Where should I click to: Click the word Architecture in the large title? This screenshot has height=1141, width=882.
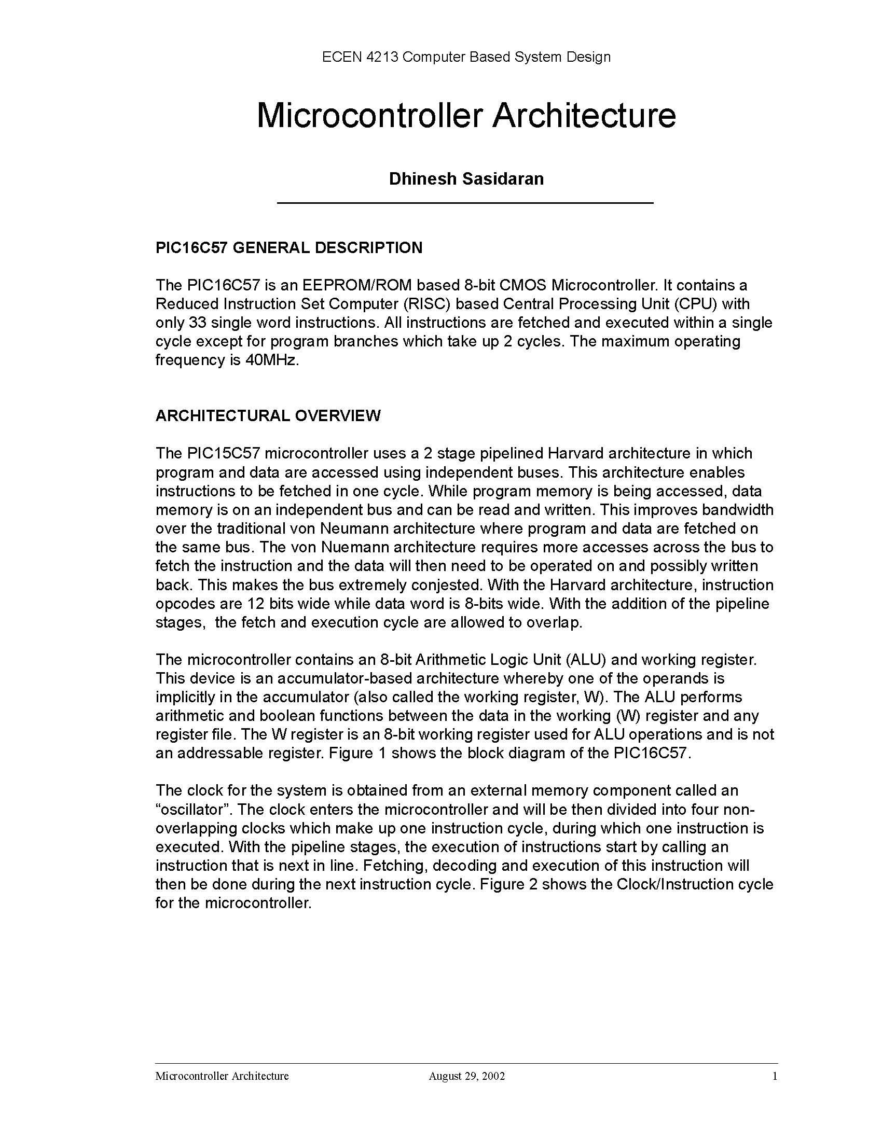tap(584, 116)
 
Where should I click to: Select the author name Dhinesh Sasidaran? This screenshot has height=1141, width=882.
tap(466, 179)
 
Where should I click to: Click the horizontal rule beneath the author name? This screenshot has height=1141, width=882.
tap(465, 202)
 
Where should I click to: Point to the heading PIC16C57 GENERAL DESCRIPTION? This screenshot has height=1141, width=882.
tap(289, 247)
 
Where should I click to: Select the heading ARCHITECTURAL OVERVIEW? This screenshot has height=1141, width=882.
tap(268, 415)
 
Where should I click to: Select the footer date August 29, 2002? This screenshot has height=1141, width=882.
tap(466, 1076)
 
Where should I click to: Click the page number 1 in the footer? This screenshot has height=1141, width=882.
tap(775, 1076)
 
